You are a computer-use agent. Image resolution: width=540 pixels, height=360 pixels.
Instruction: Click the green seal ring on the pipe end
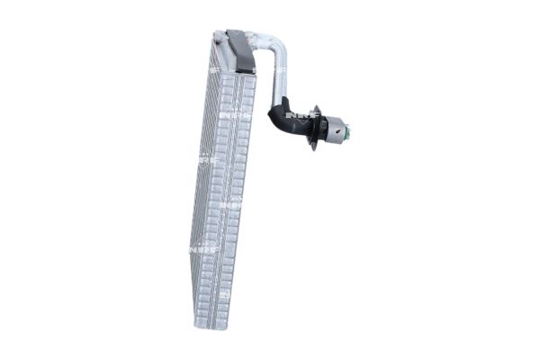[347, 133]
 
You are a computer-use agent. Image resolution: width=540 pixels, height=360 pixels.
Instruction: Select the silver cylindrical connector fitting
[336, 130]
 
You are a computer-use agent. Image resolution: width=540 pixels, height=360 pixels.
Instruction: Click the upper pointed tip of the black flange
[316, 107]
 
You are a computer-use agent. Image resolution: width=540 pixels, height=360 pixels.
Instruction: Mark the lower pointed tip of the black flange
[312, 148]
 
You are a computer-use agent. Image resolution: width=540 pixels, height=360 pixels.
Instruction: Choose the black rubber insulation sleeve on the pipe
[286, 119]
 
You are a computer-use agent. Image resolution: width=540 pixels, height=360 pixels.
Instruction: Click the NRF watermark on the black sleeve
[294, 117]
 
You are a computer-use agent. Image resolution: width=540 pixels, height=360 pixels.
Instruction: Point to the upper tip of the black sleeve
[282, 99]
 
